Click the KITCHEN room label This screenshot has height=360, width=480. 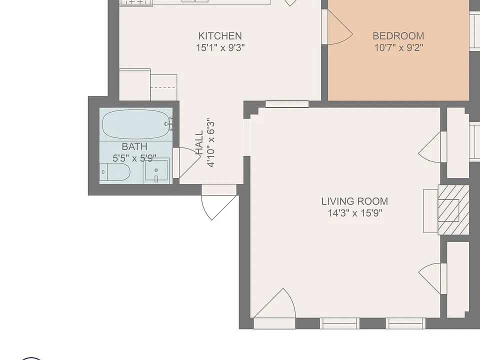(x=220, y=36)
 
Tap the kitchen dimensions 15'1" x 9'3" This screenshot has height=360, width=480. (x=220, y=48)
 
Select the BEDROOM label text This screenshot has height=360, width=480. (x=398, y=36)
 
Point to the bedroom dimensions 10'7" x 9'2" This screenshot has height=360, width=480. (x=398, y=48)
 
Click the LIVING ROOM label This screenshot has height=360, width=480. (x=355, y=201)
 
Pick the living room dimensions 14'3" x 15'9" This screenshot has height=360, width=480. (x=355, y=213)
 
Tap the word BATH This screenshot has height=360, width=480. (x=134, y=146)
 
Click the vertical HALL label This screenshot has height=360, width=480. (x=199, y=142)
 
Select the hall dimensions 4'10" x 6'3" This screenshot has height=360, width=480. (x=211, y=142)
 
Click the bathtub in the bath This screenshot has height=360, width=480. (x=135, y=124)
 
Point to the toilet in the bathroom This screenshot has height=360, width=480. (x=115, y=172)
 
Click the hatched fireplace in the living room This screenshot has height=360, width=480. (x=453, y=210)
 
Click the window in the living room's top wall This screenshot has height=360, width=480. (x=287, y=104)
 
